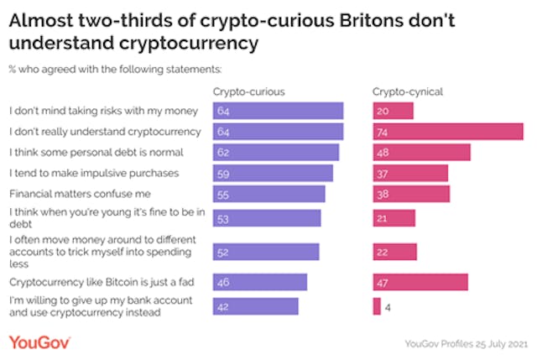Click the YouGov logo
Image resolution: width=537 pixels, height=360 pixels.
tap(39, 342)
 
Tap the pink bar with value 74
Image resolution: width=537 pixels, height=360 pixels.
tap(448, 131)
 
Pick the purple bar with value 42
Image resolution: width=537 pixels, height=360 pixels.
tap(256, 305)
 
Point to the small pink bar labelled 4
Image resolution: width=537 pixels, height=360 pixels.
tap(377, 305)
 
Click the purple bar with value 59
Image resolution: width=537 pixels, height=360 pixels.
tap(274, 173)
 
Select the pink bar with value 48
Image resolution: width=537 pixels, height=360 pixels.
tap(421, 152)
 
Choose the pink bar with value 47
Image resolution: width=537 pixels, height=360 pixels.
tap(420, 282)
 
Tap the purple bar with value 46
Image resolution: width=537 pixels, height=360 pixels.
tap(260, 282)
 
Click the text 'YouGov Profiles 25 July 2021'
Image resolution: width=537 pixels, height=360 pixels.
tap(467, 342)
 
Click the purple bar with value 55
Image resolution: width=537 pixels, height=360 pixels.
tap(269, 194)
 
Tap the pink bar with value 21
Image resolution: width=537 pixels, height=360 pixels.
tap(394, 218)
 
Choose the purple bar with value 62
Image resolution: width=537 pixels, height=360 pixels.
tap(276, 152)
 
